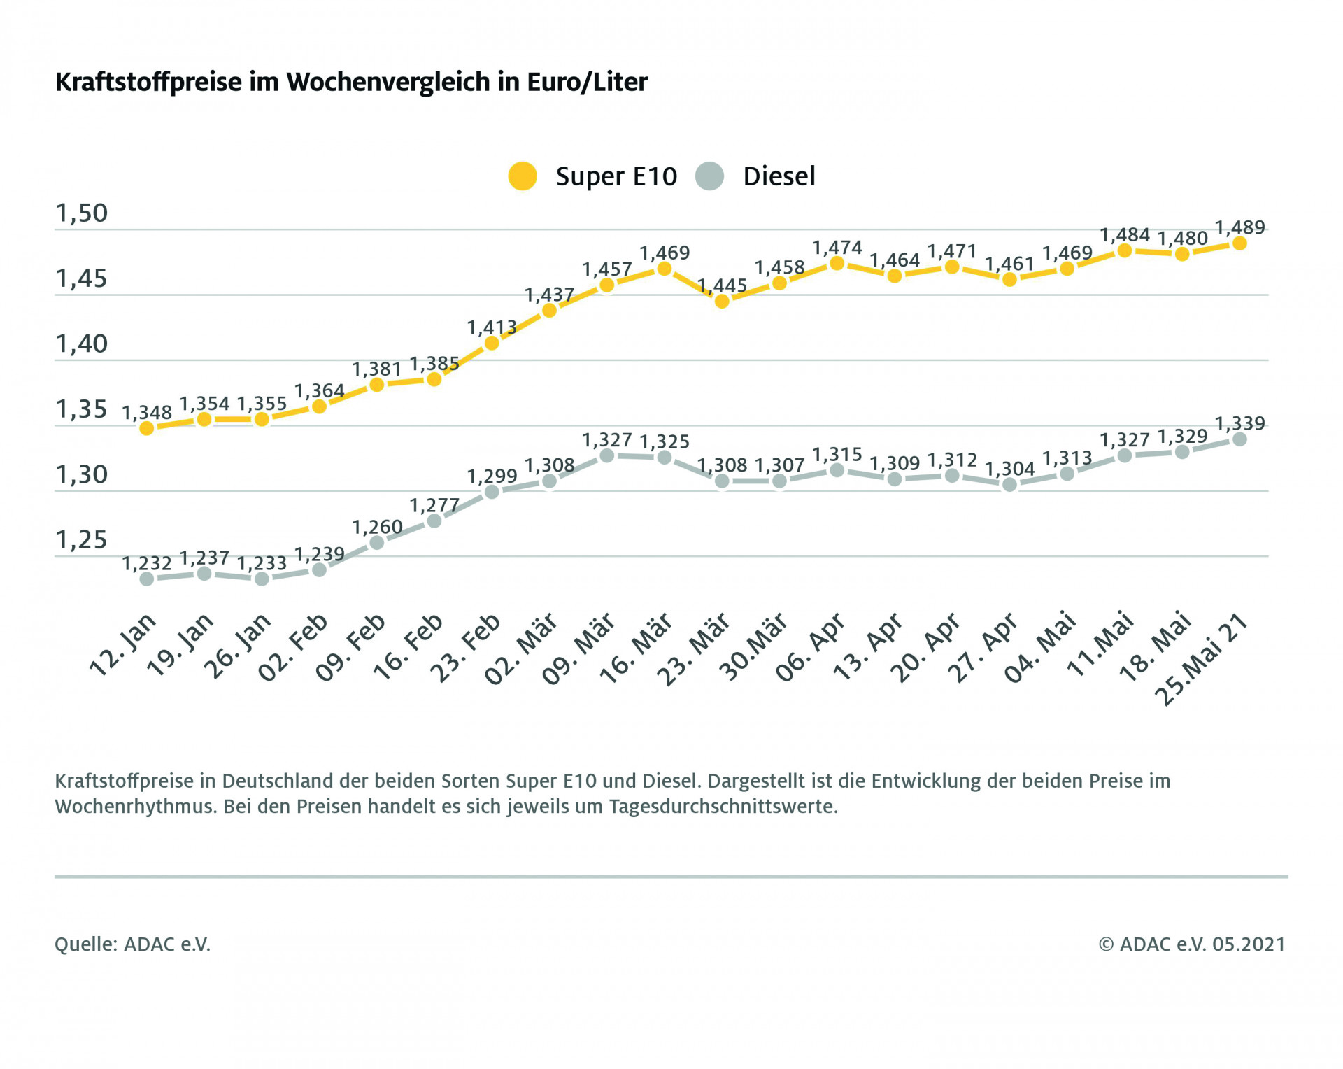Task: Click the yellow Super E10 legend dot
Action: coord(523,176)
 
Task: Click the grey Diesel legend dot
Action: coord(709,176)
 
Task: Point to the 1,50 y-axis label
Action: coord(81,213)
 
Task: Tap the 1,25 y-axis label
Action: coord(81,540)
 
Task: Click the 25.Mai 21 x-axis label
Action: coord(1201,658)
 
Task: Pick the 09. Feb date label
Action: coord(351,646)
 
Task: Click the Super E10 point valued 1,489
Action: coord(1239,243)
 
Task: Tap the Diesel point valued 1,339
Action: coord(1239,439)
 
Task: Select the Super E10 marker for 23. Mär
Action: coord(722,302)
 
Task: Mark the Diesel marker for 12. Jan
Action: coord(147,579)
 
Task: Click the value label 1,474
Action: coord(837,248)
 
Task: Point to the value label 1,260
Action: coord(377,527)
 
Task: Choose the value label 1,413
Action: coord(492,327)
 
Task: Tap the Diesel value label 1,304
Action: coord(1009,469)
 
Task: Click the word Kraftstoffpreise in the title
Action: coord(148,83)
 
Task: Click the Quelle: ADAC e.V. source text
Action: coord(132,944)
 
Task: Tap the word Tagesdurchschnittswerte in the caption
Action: coord(723,807)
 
